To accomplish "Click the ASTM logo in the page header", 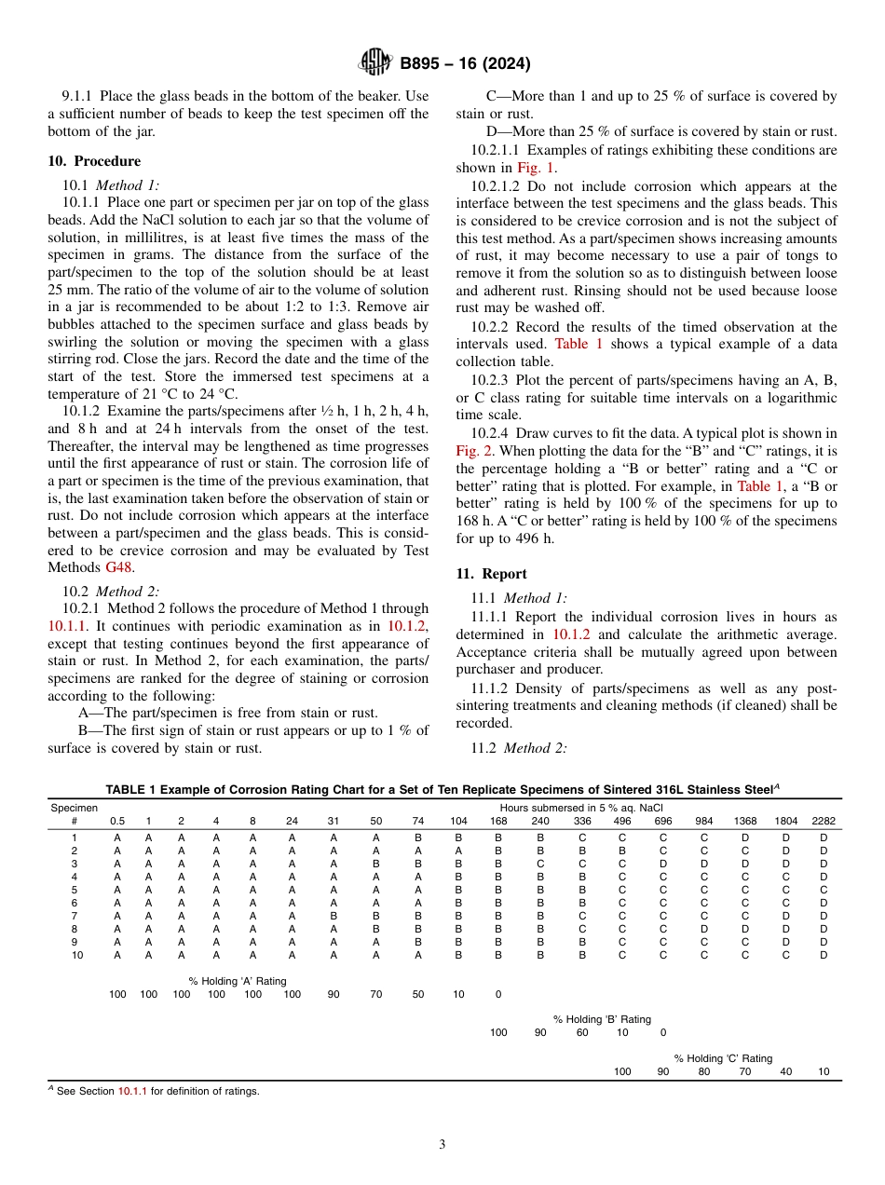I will [x=375, y=63].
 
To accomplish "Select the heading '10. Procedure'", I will [x=94, y=161].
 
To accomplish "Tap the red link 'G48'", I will [x=120, y=567].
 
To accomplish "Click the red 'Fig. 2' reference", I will [x=473, y=450].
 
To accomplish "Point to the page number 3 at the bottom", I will [x=442, y=1145].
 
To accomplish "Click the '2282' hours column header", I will [x=824, y=821].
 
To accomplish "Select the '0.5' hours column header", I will [x=117, y=821].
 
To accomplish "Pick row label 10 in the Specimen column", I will [x=76, y=955].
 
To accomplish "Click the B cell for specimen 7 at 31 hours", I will [x=334, y=916].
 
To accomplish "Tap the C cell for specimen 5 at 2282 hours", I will [x=824, y=890].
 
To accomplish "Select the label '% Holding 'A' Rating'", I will [x=238, y=981].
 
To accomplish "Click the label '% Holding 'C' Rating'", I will [x=723, y=1058].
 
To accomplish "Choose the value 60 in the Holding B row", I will [x=582, y=1032].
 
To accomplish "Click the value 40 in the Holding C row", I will [x=785, y=1071].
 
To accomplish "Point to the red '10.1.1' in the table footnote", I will [x=132, y=1091].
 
